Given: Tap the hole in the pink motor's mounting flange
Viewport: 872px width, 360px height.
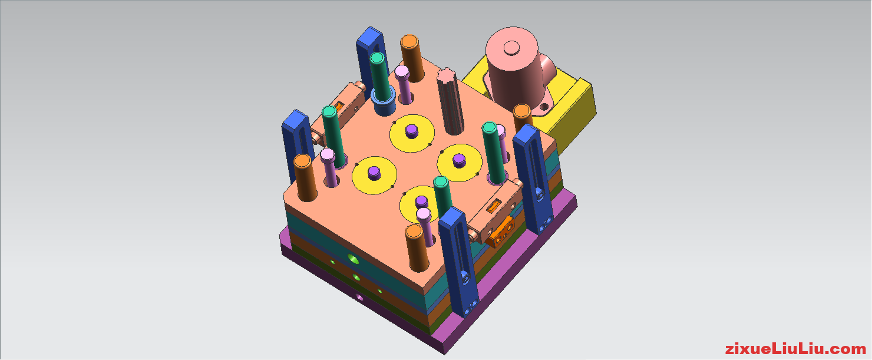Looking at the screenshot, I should pyautogui.click(x=542, y=108).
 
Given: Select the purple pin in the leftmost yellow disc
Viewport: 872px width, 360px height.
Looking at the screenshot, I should pyautogui.click(x=374, y=172).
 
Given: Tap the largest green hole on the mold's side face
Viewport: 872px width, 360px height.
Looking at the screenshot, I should pyautogui.click(x=353, y=258).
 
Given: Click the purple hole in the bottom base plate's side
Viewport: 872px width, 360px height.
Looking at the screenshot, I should pyautogui.click(x=359, y=298).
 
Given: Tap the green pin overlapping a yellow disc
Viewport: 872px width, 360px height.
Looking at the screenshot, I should pyautogui.click(x=442, y=194).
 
